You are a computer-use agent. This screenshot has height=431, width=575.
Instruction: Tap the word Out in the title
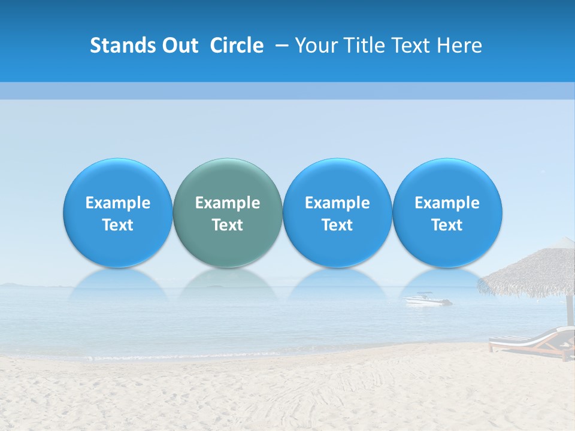pyautogui.click(x=178, y=45)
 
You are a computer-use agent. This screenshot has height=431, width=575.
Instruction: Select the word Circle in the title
pyautogui.click(x=237, y=45)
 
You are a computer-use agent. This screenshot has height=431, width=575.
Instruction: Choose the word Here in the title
pyautogui.click(x=459, y=45)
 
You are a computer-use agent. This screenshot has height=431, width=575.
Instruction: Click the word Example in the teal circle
pyautogui.click(x=228, y=203)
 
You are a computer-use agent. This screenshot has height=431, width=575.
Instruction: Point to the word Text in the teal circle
pyautogui.click(x=228, y=225)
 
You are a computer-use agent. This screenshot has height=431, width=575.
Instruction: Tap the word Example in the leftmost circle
pyautogui.click(x=118, y=203)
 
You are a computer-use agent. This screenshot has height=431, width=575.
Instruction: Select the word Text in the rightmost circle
pyautogui.click(x=447, y=225)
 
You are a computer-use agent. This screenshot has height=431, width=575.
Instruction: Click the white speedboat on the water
pyautogui.click(x=427, y=299)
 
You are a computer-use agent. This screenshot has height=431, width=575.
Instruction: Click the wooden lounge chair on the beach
pyautogui.click(x=530, y=344)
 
